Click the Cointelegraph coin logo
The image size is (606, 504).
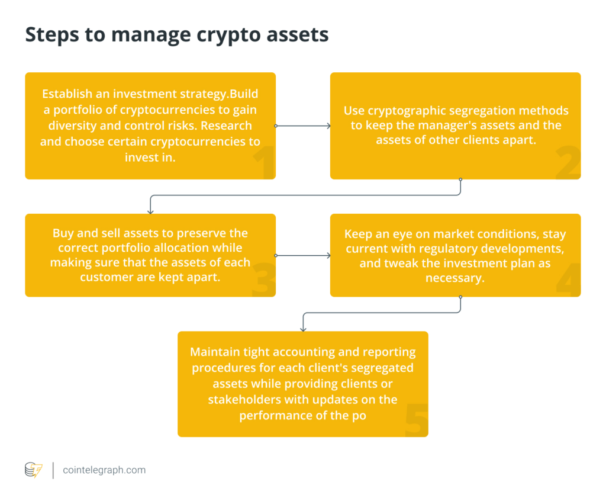[x=33, y=470]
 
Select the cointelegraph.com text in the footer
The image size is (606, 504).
[x=104, y=470]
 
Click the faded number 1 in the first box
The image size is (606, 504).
[x=265, y=162]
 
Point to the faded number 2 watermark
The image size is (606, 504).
[x=568, y=162]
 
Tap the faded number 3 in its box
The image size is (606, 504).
[x=263, y=280]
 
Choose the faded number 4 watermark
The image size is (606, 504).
[x=568, y=280]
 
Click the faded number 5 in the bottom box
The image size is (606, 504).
[x=417, y=420]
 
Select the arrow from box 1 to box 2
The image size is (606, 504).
[x=303, y=126]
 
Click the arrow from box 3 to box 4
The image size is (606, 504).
[x=303, y=255]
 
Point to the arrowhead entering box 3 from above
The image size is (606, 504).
[x=150, y=211]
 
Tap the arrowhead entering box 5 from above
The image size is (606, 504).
[x=303, y=329]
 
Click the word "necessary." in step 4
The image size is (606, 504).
[x=455, y=278]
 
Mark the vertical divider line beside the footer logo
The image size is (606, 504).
[x=53, y=470]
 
